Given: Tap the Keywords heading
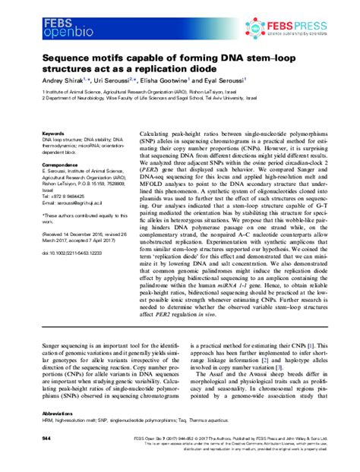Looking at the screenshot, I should pyautogui.click(x=33, y=132).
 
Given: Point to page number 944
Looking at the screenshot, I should pyautogui.click(x=27, y=439).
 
